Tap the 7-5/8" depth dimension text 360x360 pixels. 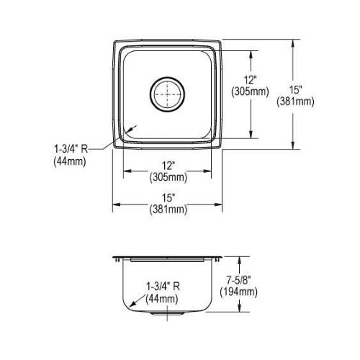(239, 280)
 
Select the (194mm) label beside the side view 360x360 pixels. (239, 292)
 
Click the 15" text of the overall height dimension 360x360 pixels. (295, 90)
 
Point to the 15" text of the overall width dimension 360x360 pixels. (168, 198)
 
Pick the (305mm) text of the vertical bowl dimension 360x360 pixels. (250, 91)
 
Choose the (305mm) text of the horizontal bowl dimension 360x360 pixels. (168, 177)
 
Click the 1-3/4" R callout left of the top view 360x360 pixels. (71, 149)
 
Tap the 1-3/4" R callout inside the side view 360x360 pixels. (163, 287)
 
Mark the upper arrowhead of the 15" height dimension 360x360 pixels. (293, 44)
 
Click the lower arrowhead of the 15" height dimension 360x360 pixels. (293, 145)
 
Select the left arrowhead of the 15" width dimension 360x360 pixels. (117, 204)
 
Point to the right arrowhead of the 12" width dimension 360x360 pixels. (207, 171)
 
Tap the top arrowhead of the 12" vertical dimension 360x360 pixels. (251, 55)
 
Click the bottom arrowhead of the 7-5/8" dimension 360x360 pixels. (239, 307)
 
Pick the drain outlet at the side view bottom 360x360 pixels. (167, 313)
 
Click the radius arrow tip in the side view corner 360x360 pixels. (131, 305)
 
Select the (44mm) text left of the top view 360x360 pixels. (70, 161)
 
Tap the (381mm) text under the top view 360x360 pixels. (168, 210)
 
